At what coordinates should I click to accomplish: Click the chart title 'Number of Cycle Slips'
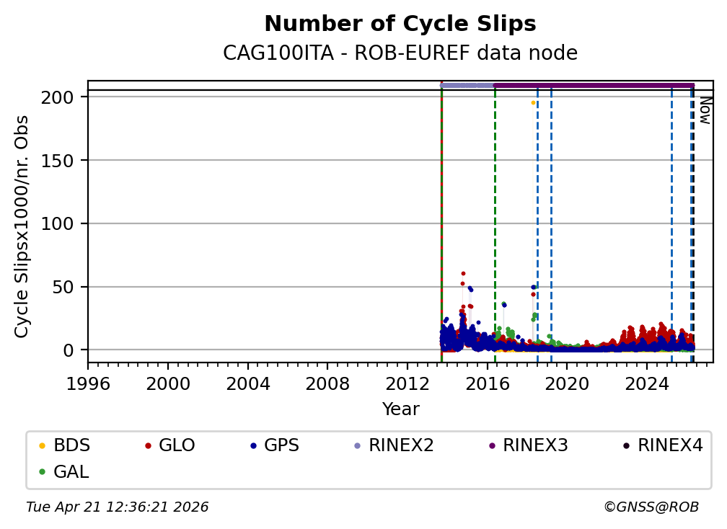click(x=400, y=24)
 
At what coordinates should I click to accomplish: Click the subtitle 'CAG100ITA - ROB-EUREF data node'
click(x=400, y=53)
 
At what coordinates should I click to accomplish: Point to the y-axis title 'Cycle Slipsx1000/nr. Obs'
click(x=22, y=226)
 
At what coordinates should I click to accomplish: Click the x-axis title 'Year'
click(x=400, y=409)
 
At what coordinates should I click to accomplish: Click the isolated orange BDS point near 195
click(x=533, y=103)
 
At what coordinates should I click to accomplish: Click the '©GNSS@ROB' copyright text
click(x=651, y=507)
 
